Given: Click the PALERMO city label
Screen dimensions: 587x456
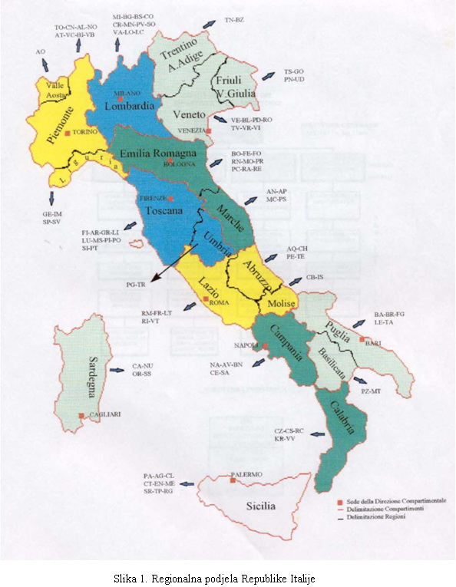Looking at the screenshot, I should pyautogui.click(x=248, y=474).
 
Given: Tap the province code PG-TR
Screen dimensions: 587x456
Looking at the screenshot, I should pyautogui.click(x=135, y=284).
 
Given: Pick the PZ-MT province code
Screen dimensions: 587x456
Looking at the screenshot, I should pyautogui.click(x=372, y=391).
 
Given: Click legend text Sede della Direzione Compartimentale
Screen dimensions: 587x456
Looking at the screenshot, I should pyautogui.click(x=381, y=500).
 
